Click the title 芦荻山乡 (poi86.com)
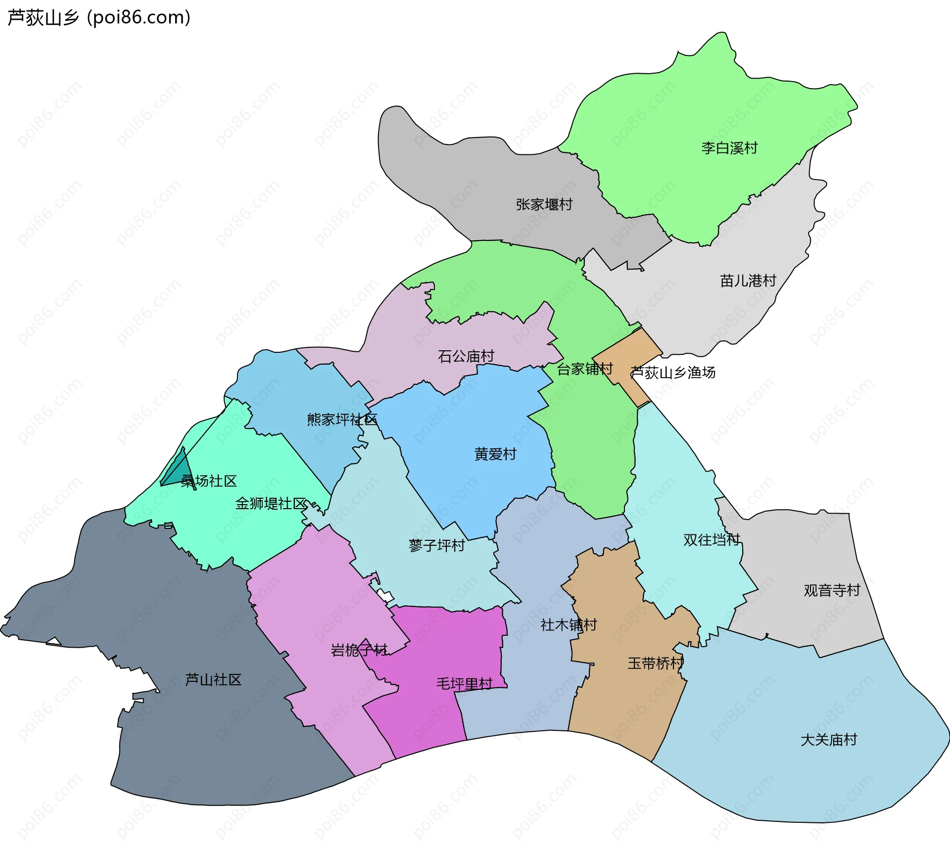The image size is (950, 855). pyautogui.click(x=99, y=18)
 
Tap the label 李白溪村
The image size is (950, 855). pyautogui.click(x=729, y=148)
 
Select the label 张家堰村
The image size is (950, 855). pyautogui.click(x=544, y=204)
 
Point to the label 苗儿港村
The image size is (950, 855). pyautogui.click(x=748, y=281)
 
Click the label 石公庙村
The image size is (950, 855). pyautogui.click(x=466, y=356)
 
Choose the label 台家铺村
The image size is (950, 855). pyautogui.click(x=584, y=369)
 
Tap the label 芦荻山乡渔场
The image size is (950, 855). pyautogui.click(x=673, y=373)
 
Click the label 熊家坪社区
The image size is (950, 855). pyautogui.click(x=342, y=420)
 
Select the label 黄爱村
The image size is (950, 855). pyautogui.click(x=495, y=454)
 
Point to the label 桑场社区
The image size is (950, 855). pyautogui.click(x=208, y=481)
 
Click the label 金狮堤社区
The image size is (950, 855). pyautogui.click(x=271, y=504)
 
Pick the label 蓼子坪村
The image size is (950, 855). pyautogui.click(x=436, y=545)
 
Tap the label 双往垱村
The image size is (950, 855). pyautogui.click(x=711, y=540)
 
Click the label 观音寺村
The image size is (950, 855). pyautogui.click(x=832, y=590)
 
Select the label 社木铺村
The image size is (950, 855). pyautogui.click(x=569, y=625)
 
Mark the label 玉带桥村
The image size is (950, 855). pyautogui.click(x=655, y=664)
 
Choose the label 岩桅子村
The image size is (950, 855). pyautogui.click(x=359, y=650)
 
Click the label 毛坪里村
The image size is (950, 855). pyautogui.click(x=464, y=684)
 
